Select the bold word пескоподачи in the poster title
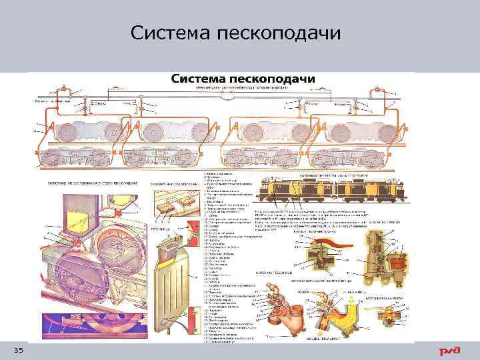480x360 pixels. point(273,79)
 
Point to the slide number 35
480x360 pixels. point(19,351)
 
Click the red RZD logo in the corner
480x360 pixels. point(447,351)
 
